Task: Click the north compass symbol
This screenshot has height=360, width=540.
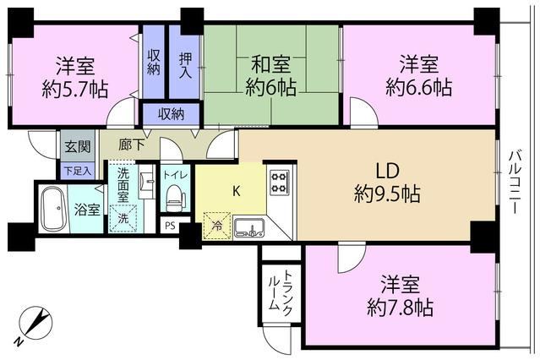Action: (35, 323)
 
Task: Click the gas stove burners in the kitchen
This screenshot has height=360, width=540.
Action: (280, 183)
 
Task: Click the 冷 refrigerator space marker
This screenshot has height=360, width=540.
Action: (217, 226)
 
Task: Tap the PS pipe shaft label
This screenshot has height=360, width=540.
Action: (170, 226)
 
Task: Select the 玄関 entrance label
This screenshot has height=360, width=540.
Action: (78, 147)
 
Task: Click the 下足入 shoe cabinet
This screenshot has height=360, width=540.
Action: (79, 171)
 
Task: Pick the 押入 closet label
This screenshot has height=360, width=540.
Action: (185, 65)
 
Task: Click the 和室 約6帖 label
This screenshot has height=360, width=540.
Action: (270, 75)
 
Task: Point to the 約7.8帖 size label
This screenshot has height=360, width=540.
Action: (400, 307)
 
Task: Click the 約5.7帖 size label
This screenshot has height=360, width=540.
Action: (74, 89)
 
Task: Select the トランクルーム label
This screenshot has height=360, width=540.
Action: (281, 293)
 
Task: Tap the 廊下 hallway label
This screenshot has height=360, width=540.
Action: (131, 145)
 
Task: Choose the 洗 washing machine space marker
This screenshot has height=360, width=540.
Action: (123, 218)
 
